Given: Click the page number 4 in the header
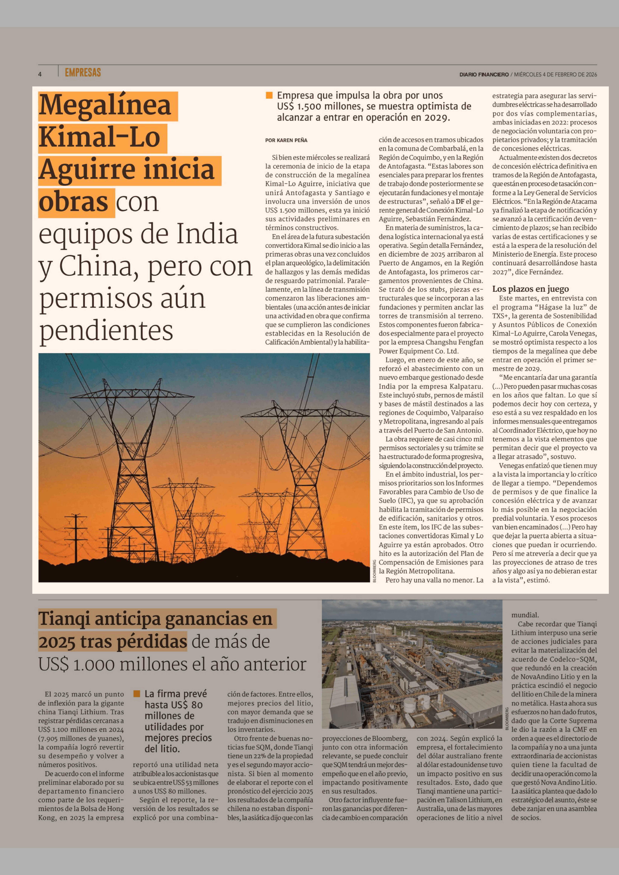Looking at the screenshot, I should tap(40, 74).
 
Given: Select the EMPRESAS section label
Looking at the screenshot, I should tap(83, 72).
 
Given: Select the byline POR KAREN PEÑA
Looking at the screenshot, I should tap(286, 140).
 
